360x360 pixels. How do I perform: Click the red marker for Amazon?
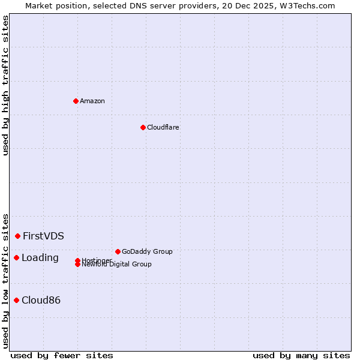point(76,101)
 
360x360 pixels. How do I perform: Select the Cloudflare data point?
point(143,127)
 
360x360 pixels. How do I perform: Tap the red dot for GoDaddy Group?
point(118,251)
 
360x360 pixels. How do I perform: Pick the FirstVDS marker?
point(18,236)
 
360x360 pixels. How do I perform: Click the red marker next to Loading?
point(16,257)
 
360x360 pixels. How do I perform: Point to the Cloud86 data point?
point(16,300)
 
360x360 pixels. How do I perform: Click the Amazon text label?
point(92,101)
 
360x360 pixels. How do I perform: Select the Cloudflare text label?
point(163,127)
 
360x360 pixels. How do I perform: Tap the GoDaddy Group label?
point(147,251)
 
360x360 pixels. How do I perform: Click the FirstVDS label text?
point(44,236)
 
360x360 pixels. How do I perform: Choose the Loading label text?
point(40,258)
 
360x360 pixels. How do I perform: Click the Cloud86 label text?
point(41,300)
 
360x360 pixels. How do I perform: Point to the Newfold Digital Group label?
point(117,265)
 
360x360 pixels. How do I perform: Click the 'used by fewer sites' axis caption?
point(62,356)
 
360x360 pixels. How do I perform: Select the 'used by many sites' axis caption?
point(301,356)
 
